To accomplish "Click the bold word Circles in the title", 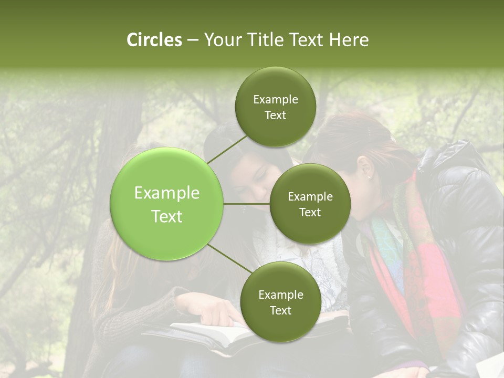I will pyautogui.click(x=154, y=40).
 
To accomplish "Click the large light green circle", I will pyautogui.click(x=166, y=204).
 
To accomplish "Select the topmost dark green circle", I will pyautogui.click(x=275, y=107).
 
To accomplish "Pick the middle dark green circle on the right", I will pyautogui.click(x=310, y=204).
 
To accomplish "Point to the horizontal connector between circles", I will pyautogui.click(x=247, y=204).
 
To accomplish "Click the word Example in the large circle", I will pyautogui.click(x=166, y=193).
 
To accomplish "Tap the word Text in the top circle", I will pyautogui.click(x=275, y=115).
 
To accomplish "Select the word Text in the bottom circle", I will pyautogui.click(x=280, y=310).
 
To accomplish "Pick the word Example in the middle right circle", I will pyautogui.click(x=310, y=197).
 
